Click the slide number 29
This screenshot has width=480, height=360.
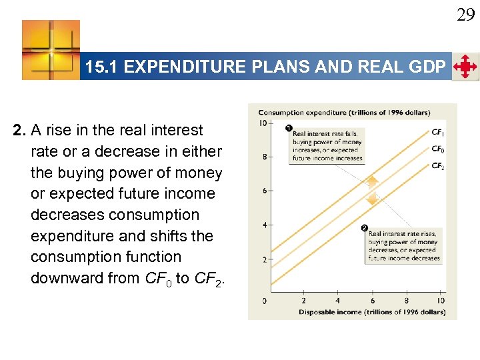[465, 14]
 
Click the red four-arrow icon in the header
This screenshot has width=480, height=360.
[465, 67]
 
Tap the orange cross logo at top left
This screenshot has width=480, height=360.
[51, 49]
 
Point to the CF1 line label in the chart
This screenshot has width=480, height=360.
[438, 133]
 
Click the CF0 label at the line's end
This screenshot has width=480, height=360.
[438, 149]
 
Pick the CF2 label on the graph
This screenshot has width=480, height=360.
[438, 166]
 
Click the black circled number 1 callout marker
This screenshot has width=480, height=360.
[289, 128]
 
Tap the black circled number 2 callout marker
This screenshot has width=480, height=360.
[365, 229]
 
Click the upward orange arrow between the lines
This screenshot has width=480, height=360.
[373, 181]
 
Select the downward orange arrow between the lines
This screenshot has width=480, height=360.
[373, 197]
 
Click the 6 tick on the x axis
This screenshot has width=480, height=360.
[372, 301]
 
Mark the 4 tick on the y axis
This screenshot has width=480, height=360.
[264, 225]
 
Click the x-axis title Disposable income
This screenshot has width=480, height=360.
[371, 312]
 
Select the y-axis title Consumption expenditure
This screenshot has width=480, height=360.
[344, 112]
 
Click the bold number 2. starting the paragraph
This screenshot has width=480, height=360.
[19, 130]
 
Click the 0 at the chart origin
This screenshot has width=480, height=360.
[265, 301]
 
